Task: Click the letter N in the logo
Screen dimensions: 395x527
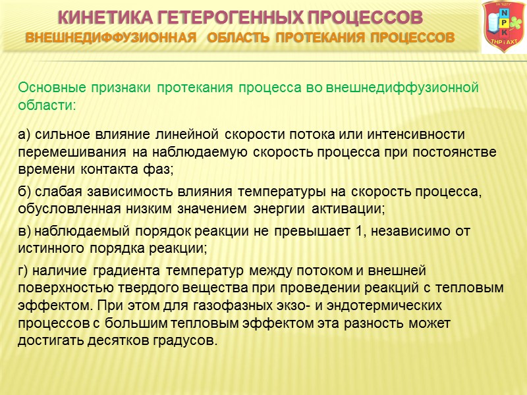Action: pyautogui.click(x=504, y=13)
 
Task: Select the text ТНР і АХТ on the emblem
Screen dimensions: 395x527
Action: pyautogui.click(x=504, y=41)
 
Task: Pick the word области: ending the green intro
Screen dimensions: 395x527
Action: pyautogui.click(x=47, y=105)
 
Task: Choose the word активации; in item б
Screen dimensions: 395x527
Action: pyautogui.click(x=355, y=209)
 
